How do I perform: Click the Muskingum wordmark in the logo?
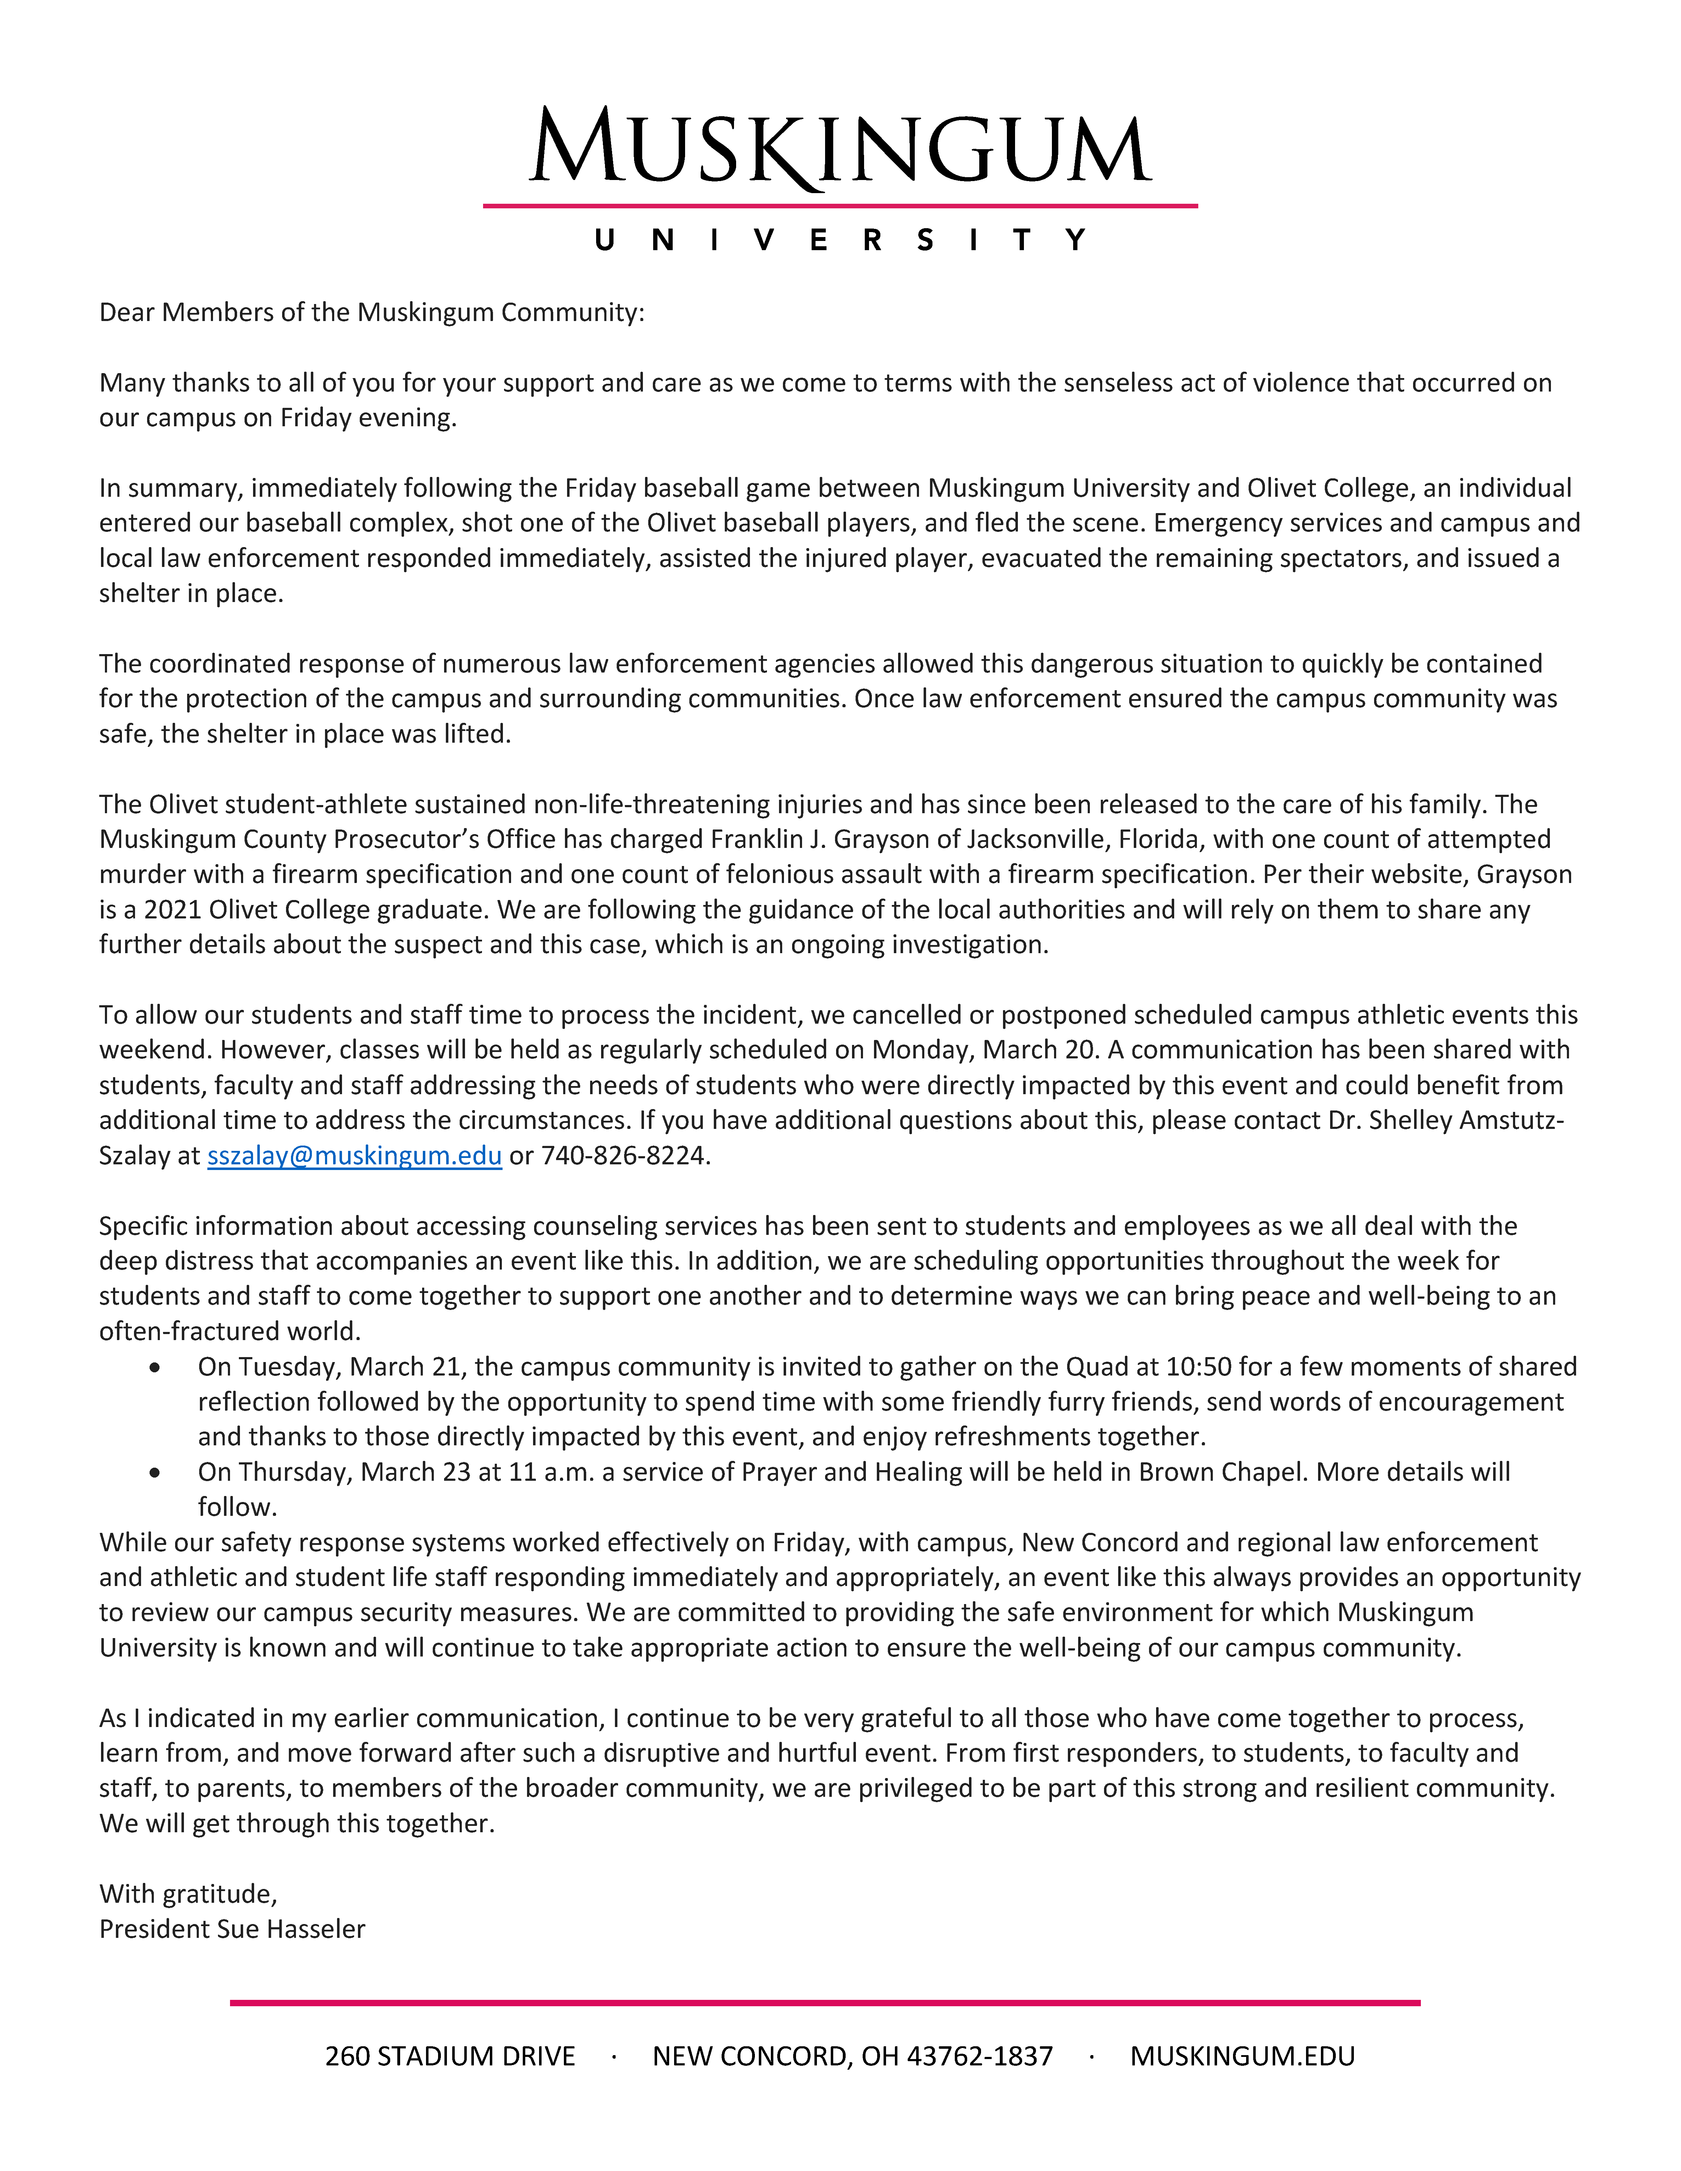pyautogui.click(x=840, y=149)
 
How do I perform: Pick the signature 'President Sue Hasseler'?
pyautogui.click(x=232, y=1928)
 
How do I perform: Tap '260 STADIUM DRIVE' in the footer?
pyautogui.click(x=450, y=2056)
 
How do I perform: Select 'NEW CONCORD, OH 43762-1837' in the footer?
pyautogui.click(x=852, y=2056)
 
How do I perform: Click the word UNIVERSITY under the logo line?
pyautogui.click(x=840, y=241)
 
